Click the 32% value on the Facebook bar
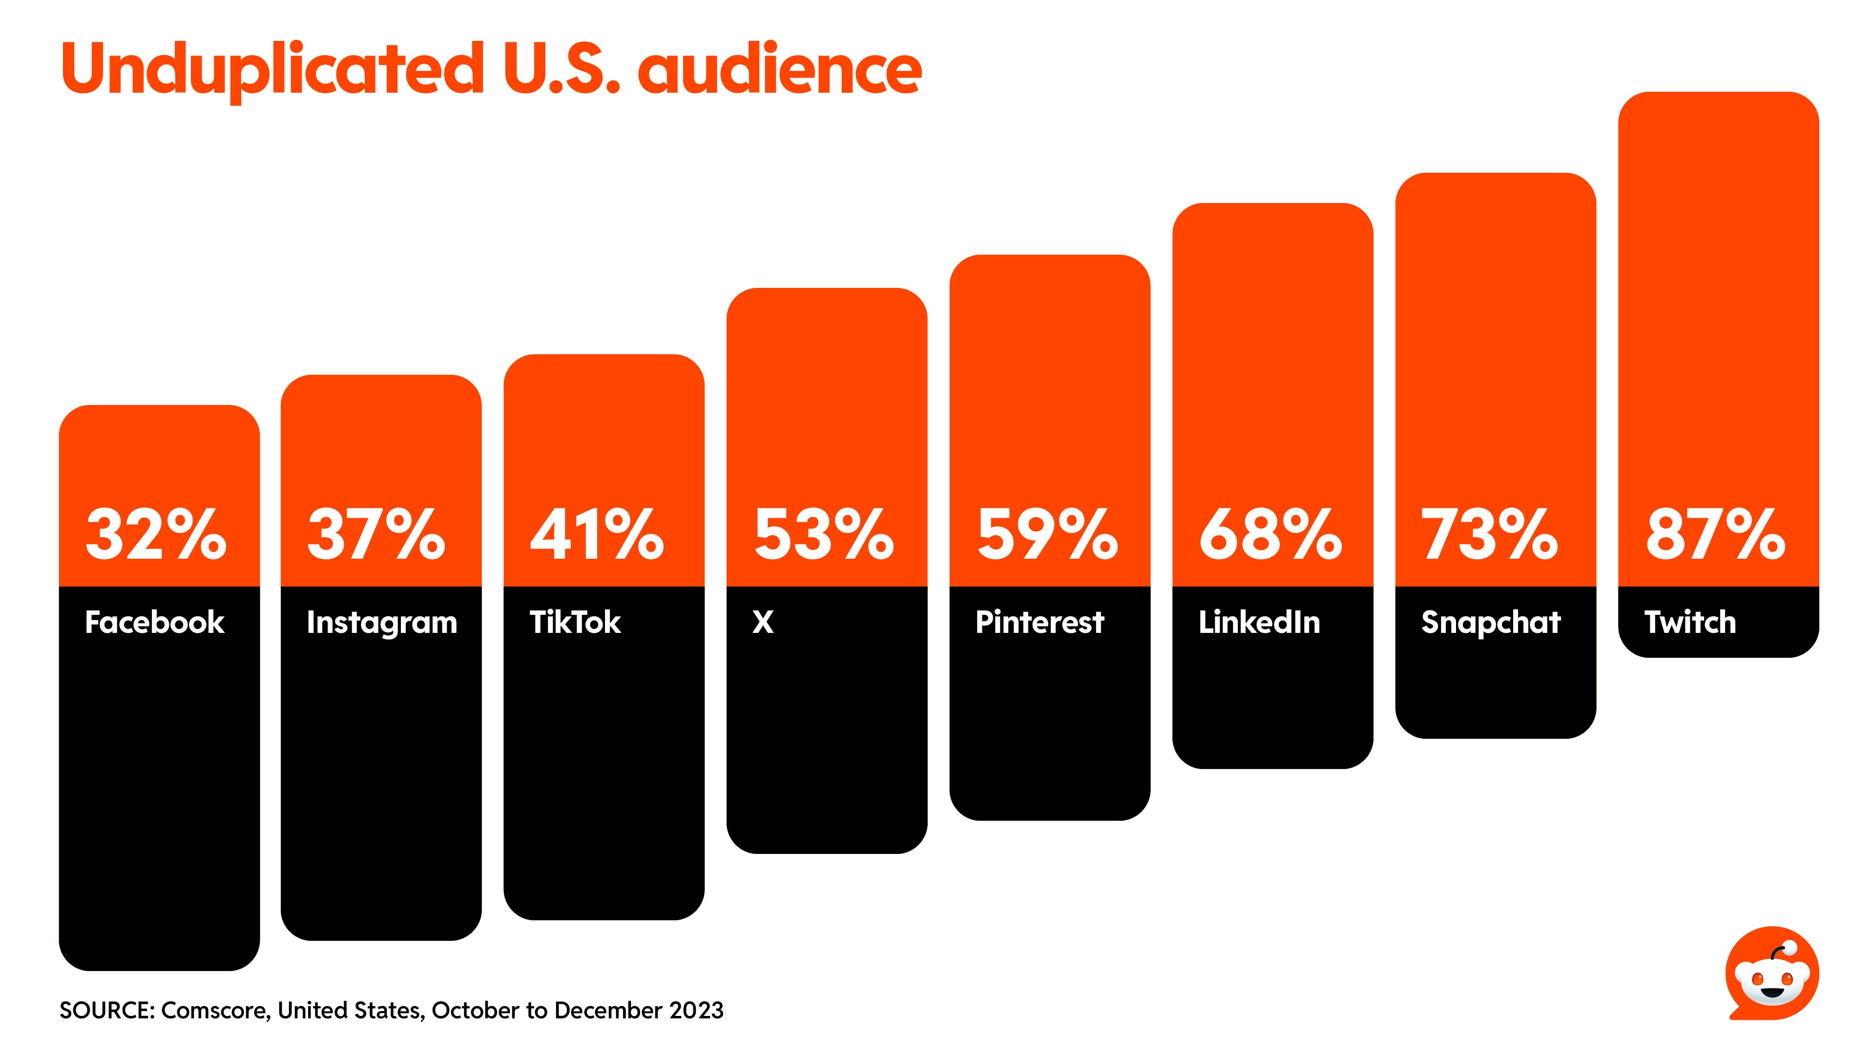tap(156, 535)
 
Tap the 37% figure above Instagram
tap(376, 535)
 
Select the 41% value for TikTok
tap(597, 535)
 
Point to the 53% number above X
tap(824, 535)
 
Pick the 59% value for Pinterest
tap(1047, 535)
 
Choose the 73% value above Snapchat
tap(1490, 535)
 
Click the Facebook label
tap(154, 623)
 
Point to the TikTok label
tap(575, 623)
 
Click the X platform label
tap(763, 623)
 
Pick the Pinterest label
tap(1040, 623)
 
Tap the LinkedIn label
tap(1259, 623)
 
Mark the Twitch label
tap(1690, 623)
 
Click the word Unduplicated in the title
tap(273, 70)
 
